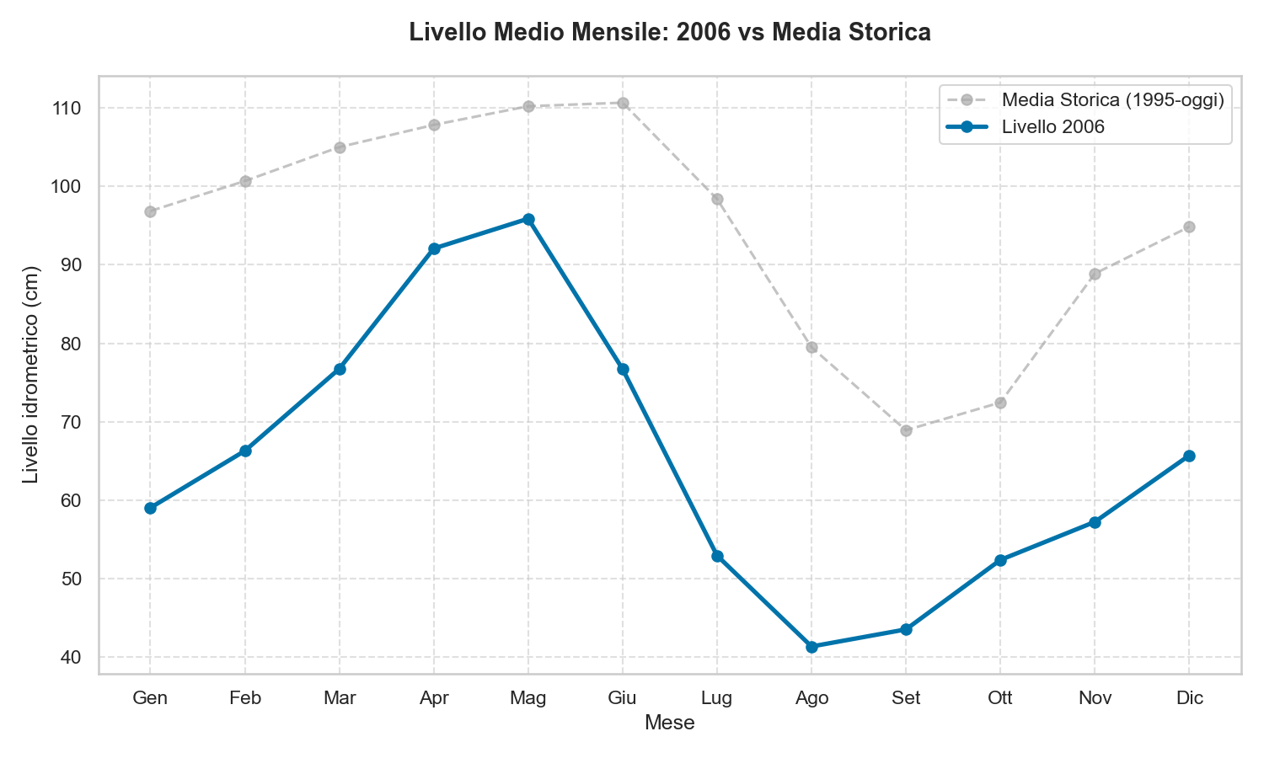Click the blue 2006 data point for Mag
pos(528,219)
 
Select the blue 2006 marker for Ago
pos(811,647)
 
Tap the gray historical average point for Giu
pos(623,103)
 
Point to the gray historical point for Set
pos(906,430)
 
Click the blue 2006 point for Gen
pos(150,508)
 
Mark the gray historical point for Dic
pos(1189,227)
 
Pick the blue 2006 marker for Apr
pos(434,248)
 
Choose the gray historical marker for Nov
pos(1095,274)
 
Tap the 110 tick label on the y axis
pos(71,108)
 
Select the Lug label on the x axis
pos(717,698)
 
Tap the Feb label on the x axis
pos(244,698)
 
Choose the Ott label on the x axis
pos(1000,698)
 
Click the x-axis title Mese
pos(669,723)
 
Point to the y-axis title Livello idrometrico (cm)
pos(31,375)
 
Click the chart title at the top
pos(669,33)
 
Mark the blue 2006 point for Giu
pos(623,369)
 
